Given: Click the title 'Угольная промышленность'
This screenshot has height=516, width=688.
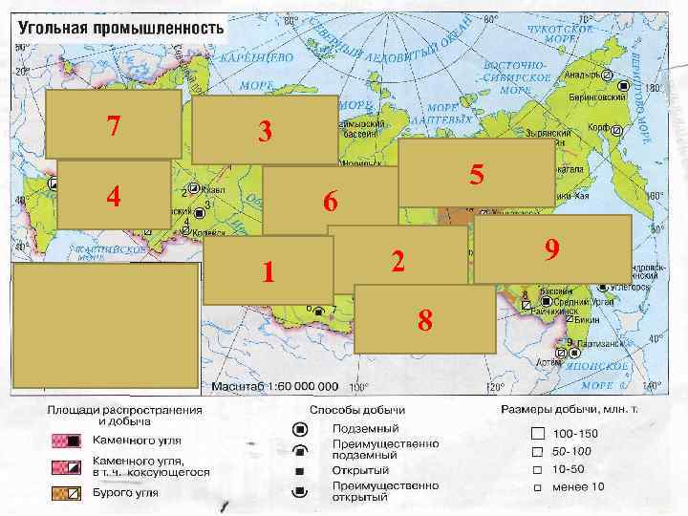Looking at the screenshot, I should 119,27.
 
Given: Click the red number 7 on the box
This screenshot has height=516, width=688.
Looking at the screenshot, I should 114,125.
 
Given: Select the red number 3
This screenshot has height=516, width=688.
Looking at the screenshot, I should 266,132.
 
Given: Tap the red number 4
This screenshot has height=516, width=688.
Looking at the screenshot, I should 114,197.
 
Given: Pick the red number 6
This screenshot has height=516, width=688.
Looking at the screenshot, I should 330,203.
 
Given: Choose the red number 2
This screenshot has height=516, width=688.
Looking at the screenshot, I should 398,258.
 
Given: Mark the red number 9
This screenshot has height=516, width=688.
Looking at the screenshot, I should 551,249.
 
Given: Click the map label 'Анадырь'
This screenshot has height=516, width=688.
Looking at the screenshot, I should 582,74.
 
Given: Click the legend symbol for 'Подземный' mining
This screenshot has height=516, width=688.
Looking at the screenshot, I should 300,428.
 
